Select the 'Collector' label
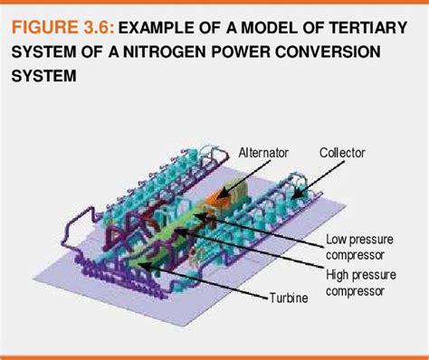pos(342,154)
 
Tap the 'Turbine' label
pos(289,297)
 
